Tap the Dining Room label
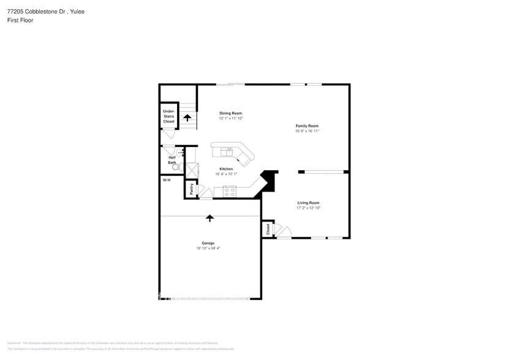point(231,113)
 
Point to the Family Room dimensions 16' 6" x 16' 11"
point(307,131)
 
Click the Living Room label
point(308,203)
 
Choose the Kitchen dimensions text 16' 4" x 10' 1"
point(226,174)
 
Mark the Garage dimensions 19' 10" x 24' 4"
point(209,249)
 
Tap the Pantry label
point(191,189)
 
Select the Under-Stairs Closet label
point(168,116)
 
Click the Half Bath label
point(172,159)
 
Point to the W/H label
point(166,180)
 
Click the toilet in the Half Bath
point(175,167)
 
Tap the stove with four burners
point(230,191)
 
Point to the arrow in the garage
point(209,217)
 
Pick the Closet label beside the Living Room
point(268,229)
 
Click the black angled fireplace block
point(268,181)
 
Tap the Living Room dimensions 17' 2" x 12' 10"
point(308,208)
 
